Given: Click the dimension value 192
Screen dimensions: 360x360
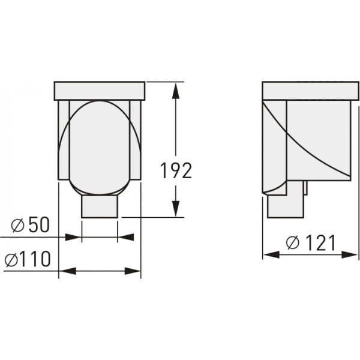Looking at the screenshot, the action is pyautogui.click(x=176, y=170).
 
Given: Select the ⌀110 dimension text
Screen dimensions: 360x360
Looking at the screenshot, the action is pyautogui.click(x=28, y=259).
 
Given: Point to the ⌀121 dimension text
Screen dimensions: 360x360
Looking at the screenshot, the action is pyautogui.click(x=311, y=242).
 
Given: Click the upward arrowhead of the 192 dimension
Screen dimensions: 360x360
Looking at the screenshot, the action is pyautogui.click(x=176, y=91).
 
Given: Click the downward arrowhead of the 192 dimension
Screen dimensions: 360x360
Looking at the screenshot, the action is pyautogui.click(x=176, y=209).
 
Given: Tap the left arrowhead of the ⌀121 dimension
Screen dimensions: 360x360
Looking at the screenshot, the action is pyautogui.click(x=271, y=254).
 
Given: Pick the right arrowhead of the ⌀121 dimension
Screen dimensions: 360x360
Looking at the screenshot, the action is pyautogui.click(x=349, y=254).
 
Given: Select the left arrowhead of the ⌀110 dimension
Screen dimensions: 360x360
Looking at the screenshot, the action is pyautogui.click(x=68, y=271).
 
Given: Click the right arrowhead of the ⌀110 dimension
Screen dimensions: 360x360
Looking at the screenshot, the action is pyautogui.click(x=132, y=271).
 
